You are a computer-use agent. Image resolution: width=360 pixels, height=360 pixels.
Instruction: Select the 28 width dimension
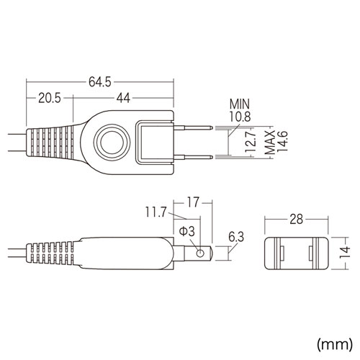pos(294,218)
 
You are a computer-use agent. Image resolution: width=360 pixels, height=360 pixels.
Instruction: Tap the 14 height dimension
pos(345,251)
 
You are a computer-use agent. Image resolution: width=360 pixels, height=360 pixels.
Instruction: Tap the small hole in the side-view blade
pos(198,253)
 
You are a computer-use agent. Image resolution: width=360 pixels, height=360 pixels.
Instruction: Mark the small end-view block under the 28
pos(294,251)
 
